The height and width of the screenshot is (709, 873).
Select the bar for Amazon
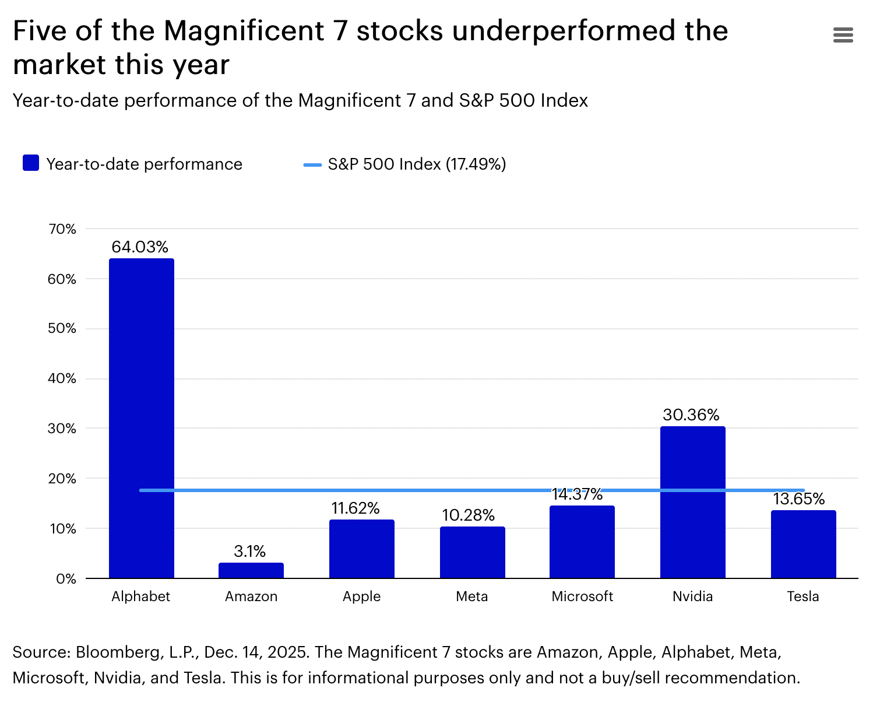pyautogui.click(x=251, y=570)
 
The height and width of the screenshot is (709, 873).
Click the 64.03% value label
pyautogui.click(x=140, y=247)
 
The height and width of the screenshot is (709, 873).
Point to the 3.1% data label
pyautogui.click(x=250, y=551)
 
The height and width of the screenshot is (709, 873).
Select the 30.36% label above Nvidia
pyautogui.click(x=691, y=415)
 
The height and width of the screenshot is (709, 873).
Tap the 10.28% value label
pyautogui.click(x=469, y=515)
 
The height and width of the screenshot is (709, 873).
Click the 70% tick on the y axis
pyautogui.click(x=62, y=229)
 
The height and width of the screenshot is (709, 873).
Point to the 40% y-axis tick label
pyautogui.click(x=62, y=379)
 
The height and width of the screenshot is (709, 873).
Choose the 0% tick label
pyautogui.click(x=66, y=579)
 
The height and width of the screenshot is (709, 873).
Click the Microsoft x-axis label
pyautogui.click(x=582, y=596)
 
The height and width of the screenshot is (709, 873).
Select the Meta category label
pyautogui.click(x=472, y=596)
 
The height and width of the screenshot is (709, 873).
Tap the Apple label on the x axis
pyautogui.click(x=361, y=596)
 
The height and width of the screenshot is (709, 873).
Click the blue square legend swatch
pyautogui.click(x=31, y=163)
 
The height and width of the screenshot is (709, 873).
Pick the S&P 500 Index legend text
pyautogui.click(x=417, y=164)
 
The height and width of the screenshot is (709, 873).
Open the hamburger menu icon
pyautogui.click(x=843, y=35)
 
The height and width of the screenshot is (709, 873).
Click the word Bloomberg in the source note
pyautogui.click(x=118, y=652)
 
